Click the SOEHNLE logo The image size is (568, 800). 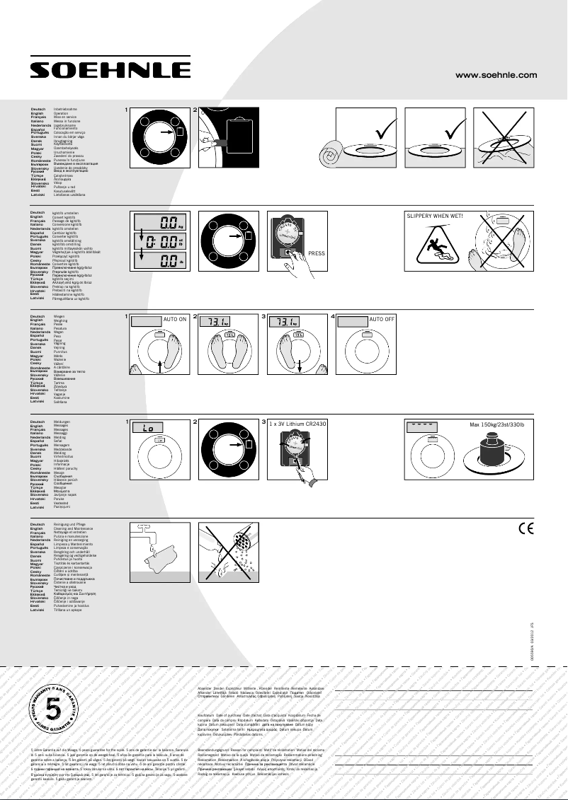(x=110, y=69)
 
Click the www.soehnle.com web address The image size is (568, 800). (x=496, y=74)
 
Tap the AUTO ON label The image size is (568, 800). (x=174, y=320)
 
